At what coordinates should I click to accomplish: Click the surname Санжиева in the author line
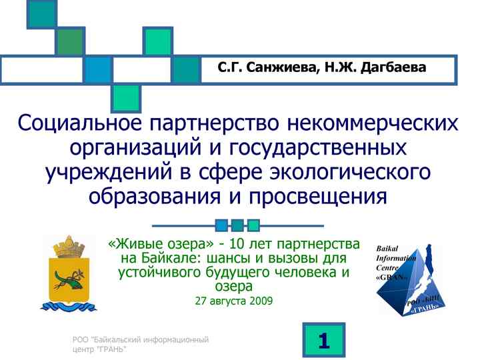tap(281, 67)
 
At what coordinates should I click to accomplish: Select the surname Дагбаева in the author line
tap(393, 67)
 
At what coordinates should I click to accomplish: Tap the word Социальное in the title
tap(80, 123)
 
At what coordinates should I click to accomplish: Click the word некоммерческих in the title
tap(373, 123)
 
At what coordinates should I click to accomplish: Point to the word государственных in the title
tap(317, 147)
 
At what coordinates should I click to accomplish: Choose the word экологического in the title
tap(350, 172)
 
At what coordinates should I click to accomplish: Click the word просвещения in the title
tap(318, 196)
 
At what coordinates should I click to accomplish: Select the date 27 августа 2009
tap(234, 301)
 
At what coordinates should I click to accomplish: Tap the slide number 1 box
tap(324, 340)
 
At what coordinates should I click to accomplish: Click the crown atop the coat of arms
tap(69, 247)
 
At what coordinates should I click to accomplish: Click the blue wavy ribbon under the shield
tap(69, 306)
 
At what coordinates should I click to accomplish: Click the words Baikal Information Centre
tap(395, 258)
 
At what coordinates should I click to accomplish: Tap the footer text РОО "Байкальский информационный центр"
tap(141, 344)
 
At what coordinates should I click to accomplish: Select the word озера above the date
tap(234, 287)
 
